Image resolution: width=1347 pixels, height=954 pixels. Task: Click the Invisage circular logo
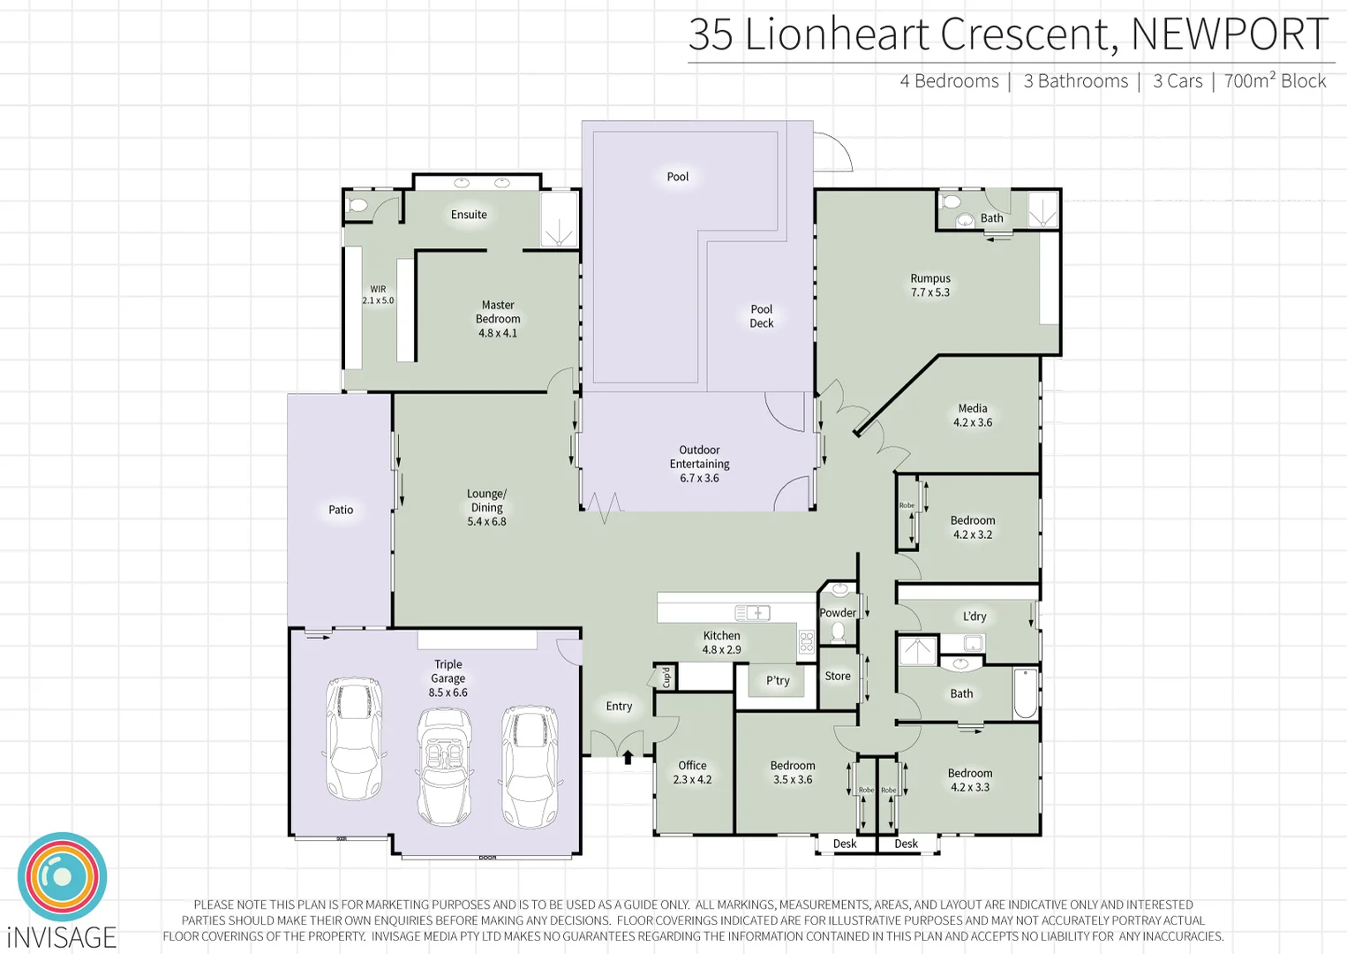click(62, 877)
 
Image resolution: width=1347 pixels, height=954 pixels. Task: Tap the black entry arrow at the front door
click(628, 756)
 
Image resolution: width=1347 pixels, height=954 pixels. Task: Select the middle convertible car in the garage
click(444, 764)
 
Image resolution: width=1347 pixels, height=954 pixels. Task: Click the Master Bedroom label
click(498, 319)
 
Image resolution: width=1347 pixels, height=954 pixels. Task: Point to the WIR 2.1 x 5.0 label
click(378, 295)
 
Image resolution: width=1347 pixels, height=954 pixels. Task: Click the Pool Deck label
click(761, 316)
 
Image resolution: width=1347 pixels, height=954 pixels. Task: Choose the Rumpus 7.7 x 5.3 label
click(930, 285)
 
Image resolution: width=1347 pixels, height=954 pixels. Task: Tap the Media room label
click(972, 415)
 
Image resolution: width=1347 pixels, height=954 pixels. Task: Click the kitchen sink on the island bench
click(753, 612)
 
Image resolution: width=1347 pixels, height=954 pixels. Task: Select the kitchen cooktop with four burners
click(806, 642)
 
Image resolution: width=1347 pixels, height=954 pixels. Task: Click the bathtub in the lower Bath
click(1025, 693)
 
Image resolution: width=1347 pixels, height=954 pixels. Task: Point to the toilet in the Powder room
click(838, 632)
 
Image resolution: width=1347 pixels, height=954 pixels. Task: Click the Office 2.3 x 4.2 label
click(692, 772)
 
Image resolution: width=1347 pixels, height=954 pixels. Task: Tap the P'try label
click(778, 680)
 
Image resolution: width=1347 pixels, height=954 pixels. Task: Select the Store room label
click(838, 676)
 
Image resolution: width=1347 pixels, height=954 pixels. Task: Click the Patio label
click(341, 510)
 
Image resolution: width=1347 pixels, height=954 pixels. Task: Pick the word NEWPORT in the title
click(1229, 35)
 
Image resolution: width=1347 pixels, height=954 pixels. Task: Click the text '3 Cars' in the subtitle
click(1178, 81)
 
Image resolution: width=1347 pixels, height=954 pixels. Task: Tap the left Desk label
click(845, 844)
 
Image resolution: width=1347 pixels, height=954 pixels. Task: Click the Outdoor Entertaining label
click(699, 464)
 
